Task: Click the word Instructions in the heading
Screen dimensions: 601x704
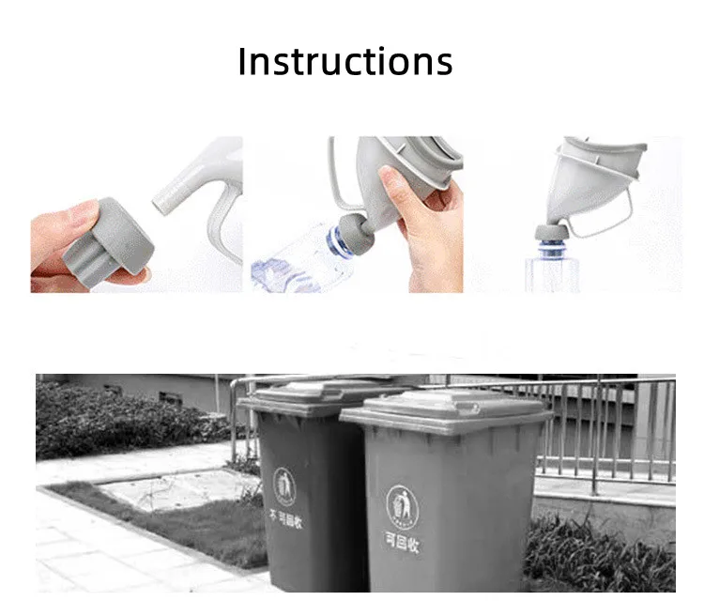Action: [x=345, y=62]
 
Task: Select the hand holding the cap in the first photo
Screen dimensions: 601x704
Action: [x=58, y=239]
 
